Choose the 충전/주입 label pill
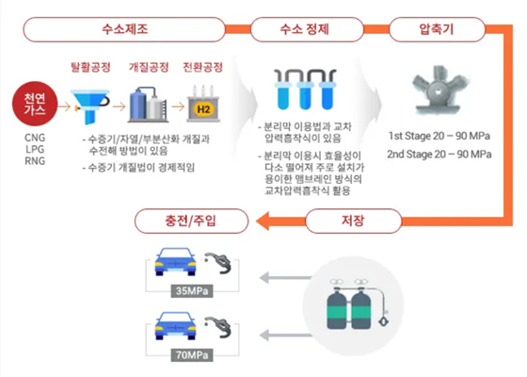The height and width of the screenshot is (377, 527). (194, 222)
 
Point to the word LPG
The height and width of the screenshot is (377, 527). (34, 149)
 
